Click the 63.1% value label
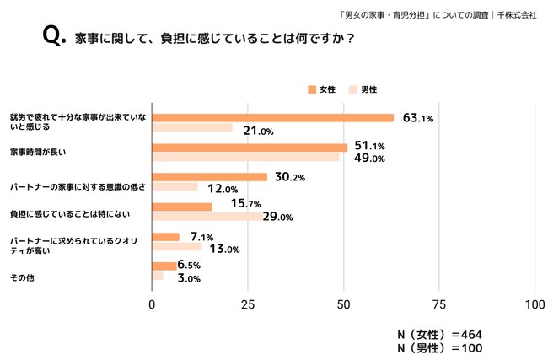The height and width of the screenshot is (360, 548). coord(417,118)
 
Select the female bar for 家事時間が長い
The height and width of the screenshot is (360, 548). coord(250,148)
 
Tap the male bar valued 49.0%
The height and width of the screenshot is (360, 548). coord(245,158)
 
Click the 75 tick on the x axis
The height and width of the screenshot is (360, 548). coord(439,304)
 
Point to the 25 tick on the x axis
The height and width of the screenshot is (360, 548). coord(248,304)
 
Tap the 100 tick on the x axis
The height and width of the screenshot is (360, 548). coord(535,304)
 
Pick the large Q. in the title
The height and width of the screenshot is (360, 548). coord(53,37)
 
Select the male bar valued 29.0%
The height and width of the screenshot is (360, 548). coord(207,217)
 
